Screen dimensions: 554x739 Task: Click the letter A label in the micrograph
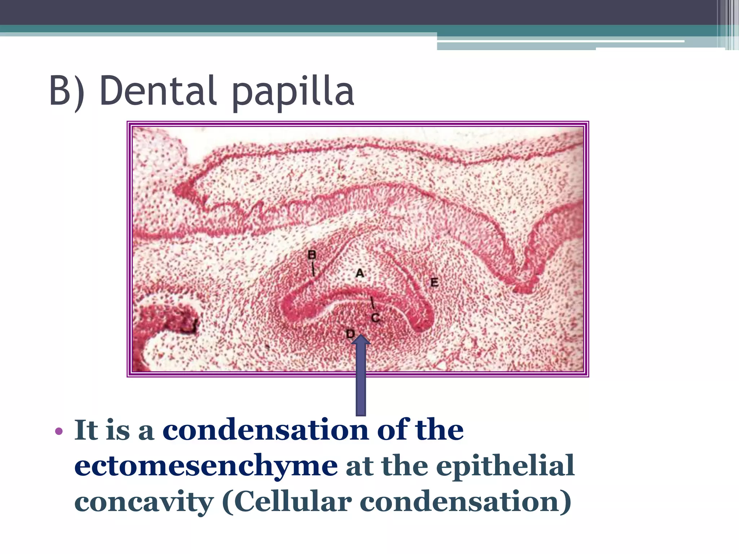pyautogui.click(x=360, y=273)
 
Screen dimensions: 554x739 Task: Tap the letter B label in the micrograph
pyautogui.click(x=312, y=255)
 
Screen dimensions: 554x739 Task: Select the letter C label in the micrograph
pyautogui.click(x=375, y=318)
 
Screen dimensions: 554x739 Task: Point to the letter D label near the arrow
pyautogui.click(x=350, y=334)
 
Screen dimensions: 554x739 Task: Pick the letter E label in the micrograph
pyautogui.click(x=434, y=282)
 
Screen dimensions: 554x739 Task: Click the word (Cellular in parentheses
pyautogui.click(x=287, y=502)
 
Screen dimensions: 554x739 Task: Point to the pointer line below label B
pyautogui.click(x=313, y=269)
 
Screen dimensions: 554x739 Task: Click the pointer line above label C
pyautogui.click(x=373, y=303)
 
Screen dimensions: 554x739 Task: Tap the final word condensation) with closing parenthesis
pyautogui.click(x=465, y=502)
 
